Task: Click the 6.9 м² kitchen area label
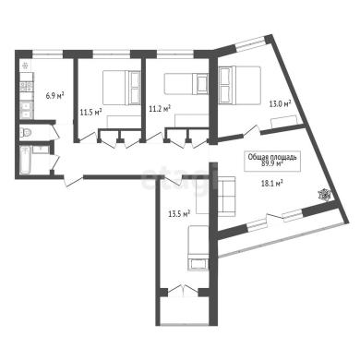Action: (54, 95)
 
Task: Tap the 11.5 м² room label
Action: (91, 112)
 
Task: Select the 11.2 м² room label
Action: (160, 108)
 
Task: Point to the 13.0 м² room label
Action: (280, 104)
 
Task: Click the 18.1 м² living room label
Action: (271, 184)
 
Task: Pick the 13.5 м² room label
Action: (179, 213)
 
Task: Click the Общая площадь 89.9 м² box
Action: (272, 161)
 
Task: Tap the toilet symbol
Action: (26, 133)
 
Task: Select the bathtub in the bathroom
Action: (25, 160)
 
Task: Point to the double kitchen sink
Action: (27, 110)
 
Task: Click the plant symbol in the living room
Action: (324, 195)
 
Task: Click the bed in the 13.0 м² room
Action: (240, 84)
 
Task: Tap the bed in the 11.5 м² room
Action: (122, 88)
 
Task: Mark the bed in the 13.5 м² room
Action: (198, 248)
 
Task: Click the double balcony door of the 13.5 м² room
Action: (184, 290)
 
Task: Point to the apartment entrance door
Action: (74, 181)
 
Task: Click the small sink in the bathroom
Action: (41, 150)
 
